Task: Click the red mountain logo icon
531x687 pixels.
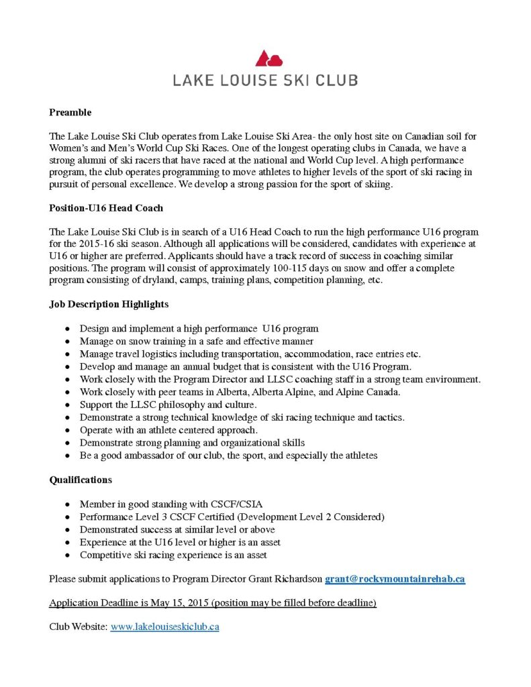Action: (265, 58)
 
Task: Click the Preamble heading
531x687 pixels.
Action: (70, 112)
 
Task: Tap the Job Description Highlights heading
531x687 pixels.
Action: (109, 304)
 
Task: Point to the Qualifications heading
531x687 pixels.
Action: (81, 480)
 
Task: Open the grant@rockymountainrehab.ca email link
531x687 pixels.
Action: (395, 579)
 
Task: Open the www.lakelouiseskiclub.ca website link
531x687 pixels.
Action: (164, 627)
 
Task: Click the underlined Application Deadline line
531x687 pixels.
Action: (213, 602)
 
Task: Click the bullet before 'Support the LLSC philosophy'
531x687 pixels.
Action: (66, 405)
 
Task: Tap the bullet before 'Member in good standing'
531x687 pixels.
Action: (66, 505)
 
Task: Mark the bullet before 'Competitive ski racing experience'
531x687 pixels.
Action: (66, 555)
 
